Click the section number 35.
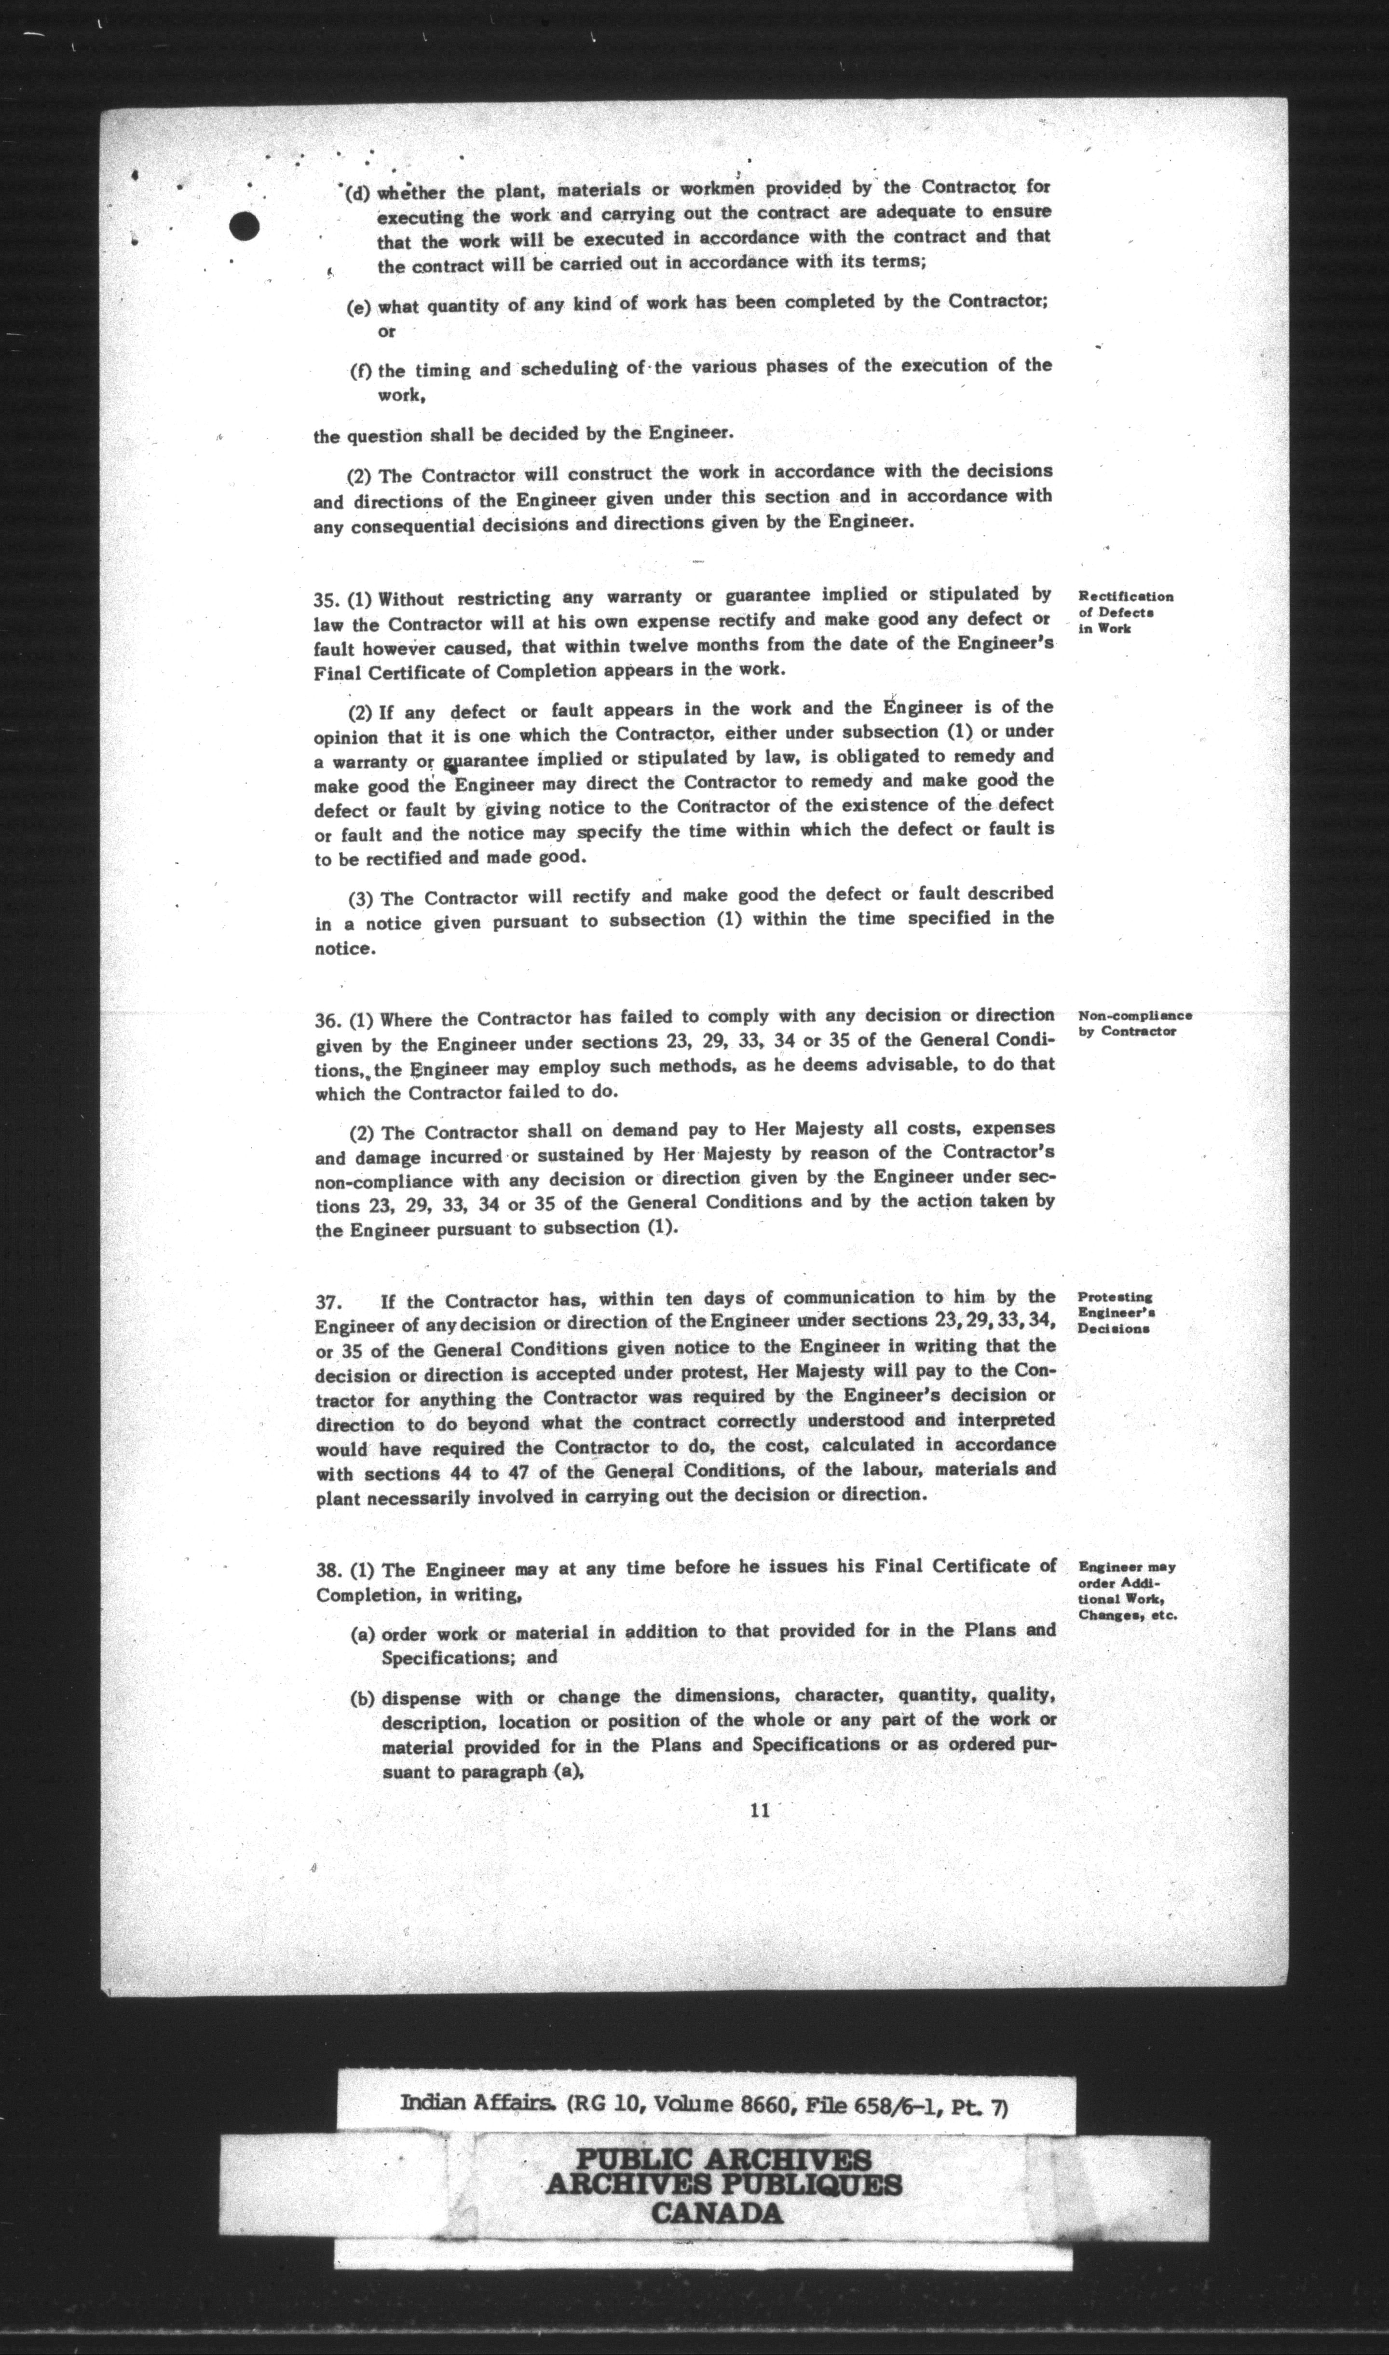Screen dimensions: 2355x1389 point(326,598)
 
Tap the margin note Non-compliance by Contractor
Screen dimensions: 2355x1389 point(1134,1023)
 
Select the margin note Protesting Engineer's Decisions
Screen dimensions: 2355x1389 point(1115,1312)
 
